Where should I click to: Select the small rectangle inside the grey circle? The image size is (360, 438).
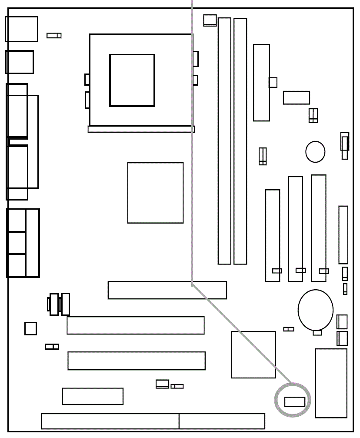295,402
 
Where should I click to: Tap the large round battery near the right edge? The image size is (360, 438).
315,310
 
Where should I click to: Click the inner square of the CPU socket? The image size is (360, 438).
132,80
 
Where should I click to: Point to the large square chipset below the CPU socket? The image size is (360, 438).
155,193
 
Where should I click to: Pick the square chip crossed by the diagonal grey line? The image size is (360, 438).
253,354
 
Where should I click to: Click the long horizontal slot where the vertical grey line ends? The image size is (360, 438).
167,290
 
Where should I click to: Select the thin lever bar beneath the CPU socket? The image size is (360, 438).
141,129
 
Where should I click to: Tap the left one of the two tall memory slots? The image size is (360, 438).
224,141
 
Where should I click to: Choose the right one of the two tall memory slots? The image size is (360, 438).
240,141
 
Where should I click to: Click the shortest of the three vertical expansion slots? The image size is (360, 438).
273,235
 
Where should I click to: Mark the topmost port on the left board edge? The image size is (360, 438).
21,29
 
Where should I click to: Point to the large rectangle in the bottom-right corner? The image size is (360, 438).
331,383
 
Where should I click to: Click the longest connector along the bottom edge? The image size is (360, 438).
110,421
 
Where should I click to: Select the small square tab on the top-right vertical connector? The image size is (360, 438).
273,82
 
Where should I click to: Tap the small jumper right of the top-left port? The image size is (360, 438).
54,35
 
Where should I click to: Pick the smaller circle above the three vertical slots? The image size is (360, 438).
315,152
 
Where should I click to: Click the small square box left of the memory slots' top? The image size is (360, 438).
210,20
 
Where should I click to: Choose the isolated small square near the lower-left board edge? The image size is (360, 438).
30,328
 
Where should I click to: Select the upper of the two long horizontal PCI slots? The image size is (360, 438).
135,325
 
